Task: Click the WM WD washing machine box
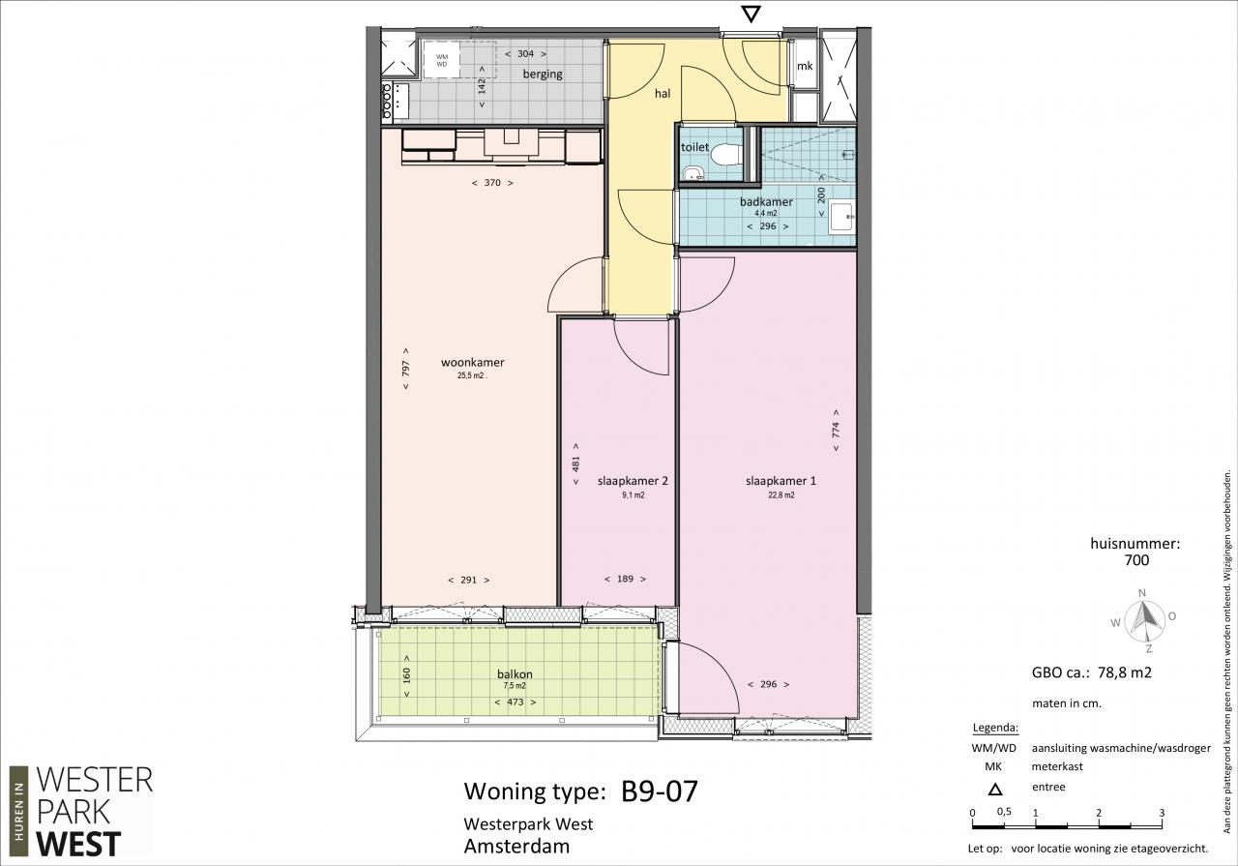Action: [x=442, y=60]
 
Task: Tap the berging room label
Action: [x=543, y=75]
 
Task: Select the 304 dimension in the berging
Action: [x=525, y=53]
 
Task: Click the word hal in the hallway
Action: [x=663, y=94]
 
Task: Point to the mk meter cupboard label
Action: [x=805, y=66]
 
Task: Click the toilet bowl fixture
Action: [x=725, y=154]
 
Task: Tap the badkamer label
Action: [x=766, y=202]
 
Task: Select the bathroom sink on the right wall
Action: [x=842, y=217]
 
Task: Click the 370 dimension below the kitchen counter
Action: [x=492, y=183]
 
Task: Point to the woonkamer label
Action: [x=473, y=362]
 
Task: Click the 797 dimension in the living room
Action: [x=405, y=369]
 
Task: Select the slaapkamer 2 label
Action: [x=633, y=481]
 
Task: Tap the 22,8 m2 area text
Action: [x=781, y=495]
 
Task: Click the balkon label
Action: [x=515, y=674]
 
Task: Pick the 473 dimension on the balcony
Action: [x=516, y=702]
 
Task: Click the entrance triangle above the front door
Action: [x=752, y=15]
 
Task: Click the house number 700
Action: [x=1136, y=560]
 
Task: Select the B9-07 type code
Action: [x=660, y=791]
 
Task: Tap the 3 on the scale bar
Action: [x=1162, y=813]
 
